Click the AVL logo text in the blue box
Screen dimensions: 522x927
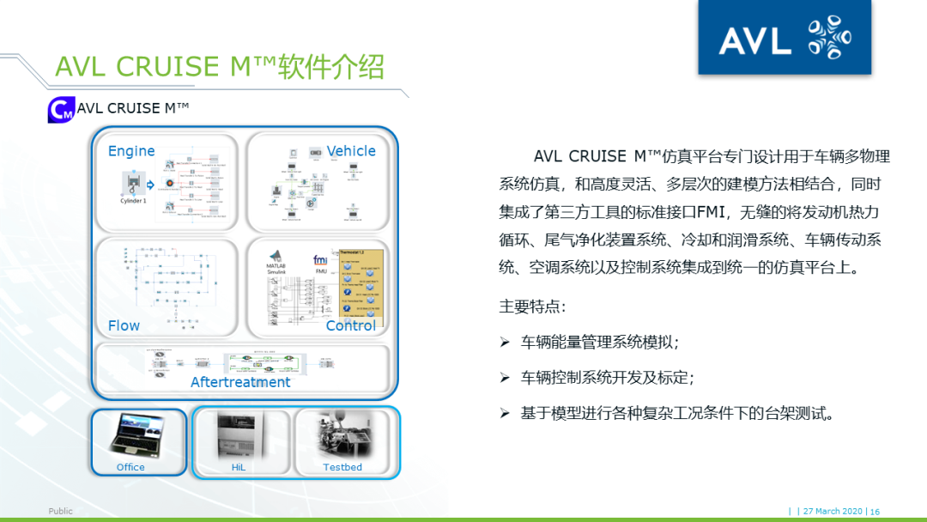pos(754,39)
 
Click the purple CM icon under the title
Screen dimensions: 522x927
pos(60,110)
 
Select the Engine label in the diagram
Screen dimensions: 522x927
pos(131,151)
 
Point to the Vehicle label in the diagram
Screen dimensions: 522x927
pos(351,151)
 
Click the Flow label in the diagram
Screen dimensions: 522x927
pos(124,325)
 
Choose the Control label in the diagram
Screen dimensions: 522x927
pos(351,325)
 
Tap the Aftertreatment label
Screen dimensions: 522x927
pos(240,382)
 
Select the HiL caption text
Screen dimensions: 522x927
pos(239,467)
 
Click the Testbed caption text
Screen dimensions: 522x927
pos(342,467)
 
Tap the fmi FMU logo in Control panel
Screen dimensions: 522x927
pos(320,263)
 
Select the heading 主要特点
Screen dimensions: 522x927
pos(532,306)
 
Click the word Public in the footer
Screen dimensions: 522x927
pos(60,511)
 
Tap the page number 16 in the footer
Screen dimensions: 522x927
pos(875,511)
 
